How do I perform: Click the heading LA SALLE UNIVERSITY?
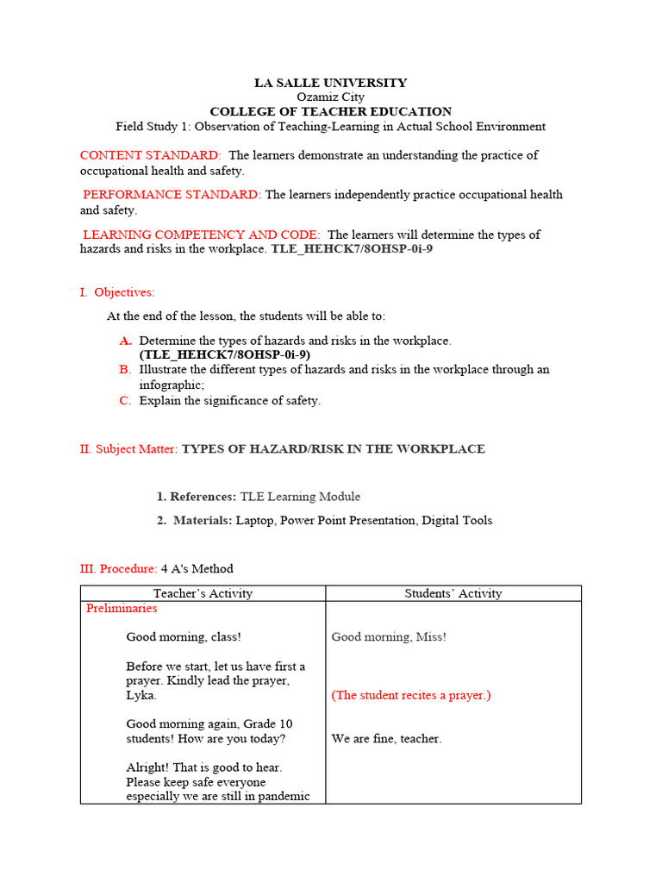pos(330,83)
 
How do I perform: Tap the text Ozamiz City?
pos(330,97)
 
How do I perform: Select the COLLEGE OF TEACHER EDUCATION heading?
pos(330,111)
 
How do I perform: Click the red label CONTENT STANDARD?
pos(150,155)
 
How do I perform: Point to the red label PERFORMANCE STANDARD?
pos(172,195)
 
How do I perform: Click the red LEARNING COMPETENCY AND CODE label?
pos(202,235)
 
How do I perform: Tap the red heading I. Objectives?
pos(117,292)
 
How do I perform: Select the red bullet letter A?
pos(125,341)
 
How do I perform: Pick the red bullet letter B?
pos(125,369)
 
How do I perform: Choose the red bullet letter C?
pos(125,400)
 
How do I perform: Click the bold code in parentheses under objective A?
pos(224,354)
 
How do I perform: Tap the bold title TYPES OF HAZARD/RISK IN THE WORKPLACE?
pos(334,449)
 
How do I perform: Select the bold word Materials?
pos(203,520)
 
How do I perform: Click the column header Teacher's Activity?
pos(203,593)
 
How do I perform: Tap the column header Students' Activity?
pos(453,593)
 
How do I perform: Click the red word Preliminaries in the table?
pos(122,608)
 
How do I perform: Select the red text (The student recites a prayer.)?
pos(411,695)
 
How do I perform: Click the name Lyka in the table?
pos(141,695)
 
